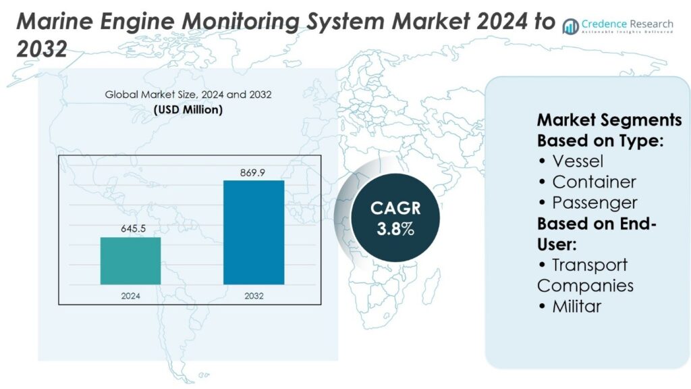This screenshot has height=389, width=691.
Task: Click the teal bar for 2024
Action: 130,261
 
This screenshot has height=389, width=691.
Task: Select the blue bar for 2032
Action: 254,232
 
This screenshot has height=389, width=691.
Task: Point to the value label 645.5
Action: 130,229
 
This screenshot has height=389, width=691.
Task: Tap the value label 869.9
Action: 253,173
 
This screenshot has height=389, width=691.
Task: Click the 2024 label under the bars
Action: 130,295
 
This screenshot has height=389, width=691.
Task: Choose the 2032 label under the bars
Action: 254,295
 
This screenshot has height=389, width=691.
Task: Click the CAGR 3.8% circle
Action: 395,218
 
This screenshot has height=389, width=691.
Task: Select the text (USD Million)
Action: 188,109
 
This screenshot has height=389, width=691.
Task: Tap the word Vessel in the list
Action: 578,161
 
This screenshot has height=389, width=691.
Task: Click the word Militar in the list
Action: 576,306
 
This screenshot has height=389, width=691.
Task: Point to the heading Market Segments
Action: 609,120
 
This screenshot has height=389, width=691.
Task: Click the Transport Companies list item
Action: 586,275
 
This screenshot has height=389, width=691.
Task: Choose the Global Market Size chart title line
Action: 188,95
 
